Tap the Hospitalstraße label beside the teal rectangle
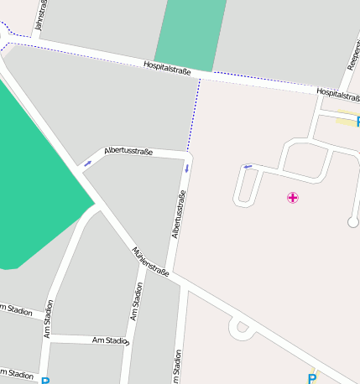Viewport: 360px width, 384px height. point(167,66)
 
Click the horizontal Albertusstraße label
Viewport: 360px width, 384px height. point(128,151)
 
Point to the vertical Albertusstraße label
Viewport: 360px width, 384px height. point(177,215)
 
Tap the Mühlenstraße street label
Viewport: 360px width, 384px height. point(151,262)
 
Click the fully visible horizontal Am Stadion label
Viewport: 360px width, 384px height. point(111,340)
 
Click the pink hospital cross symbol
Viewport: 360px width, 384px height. point(293,198)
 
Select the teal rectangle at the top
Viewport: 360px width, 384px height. point(191,34)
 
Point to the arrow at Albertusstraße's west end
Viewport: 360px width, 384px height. point(87,163)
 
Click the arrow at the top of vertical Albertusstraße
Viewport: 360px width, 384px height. point(186,169)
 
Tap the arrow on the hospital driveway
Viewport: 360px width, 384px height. point(248,167)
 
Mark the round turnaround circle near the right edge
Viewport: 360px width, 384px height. point(352,222)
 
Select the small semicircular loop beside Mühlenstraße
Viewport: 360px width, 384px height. point(243,328)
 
